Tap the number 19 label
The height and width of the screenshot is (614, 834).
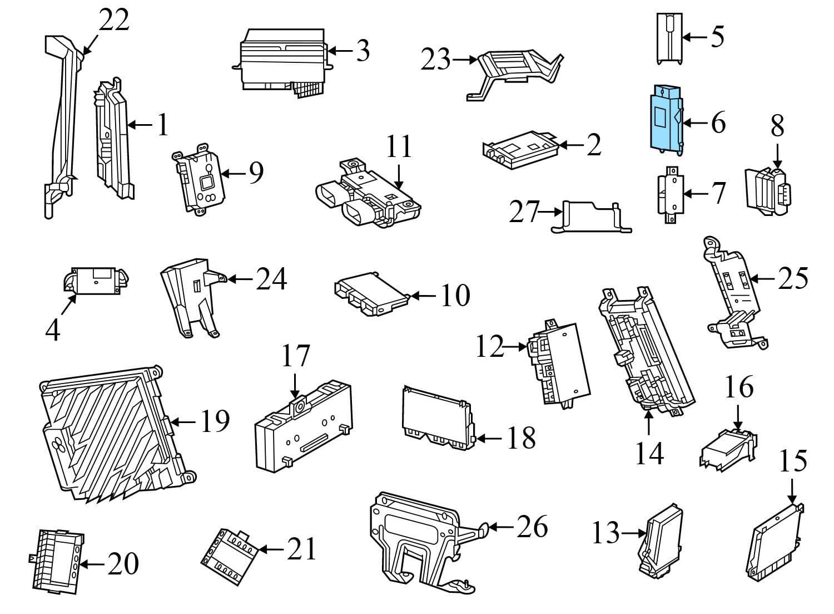pyautogui.click(x=215, y=421)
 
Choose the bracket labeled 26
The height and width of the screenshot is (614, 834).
pyautogui.click(x=417, y=534)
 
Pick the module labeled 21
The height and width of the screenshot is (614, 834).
pyautogui.click(x=231, y=551)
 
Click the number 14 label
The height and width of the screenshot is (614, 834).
pyautogui.click(x=649, y=454)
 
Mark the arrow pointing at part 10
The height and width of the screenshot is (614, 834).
pyautogui.click(x=423, y=295)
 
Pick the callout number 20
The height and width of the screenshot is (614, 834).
pyautogui.click(x=122, y=564)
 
